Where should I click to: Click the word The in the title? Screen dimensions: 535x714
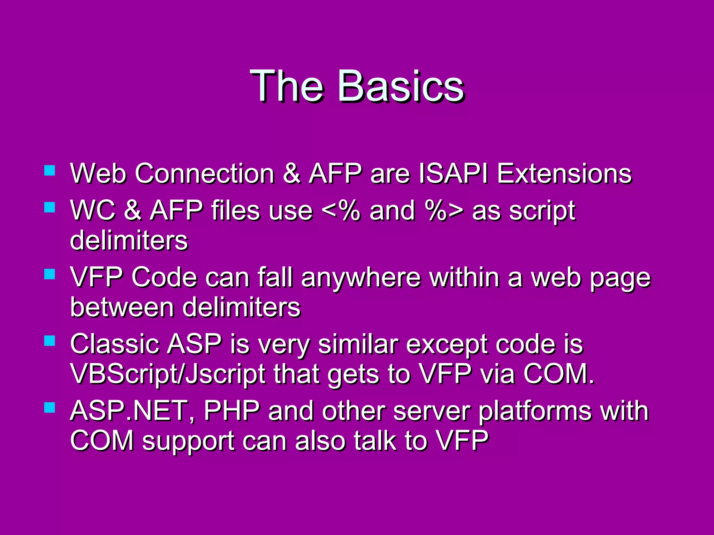click(x=287, y=86)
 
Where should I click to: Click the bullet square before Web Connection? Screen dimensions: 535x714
click(x=50, y=170)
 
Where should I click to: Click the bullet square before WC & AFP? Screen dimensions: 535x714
click(x=50, y=208)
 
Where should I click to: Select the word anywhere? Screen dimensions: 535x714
click(x=361, y=278)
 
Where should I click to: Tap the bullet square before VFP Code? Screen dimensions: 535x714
click(x=50, y=274)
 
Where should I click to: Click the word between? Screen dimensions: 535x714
click(x=122, y=307)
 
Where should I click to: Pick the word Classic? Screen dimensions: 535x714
click(x=115, y=344)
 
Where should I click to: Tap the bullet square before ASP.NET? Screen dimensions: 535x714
click(x=50, y=407)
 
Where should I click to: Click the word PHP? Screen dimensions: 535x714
click(x=232, y=411)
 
